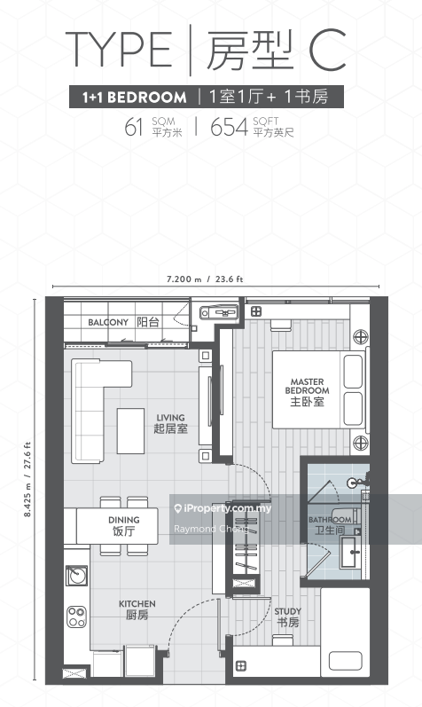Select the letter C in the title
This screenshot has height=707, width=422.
(327, 50)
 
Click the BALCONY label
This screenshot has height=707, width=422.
(109, 322)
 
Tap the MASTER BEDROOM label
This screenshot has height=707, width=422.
(306, 391)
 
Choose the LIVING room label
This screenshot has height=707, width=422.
(170, 422)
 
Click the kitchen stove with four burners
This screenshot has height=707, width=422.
(76, 616)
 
